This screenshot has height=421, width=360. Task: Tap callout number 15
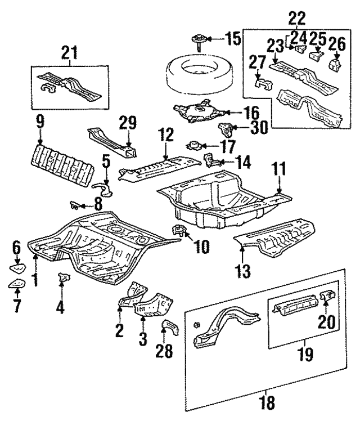[233, 39]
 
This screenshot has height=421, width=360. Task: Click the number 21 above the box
[70, 54]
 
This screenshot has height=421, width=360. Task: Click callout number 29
[129, 121]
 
